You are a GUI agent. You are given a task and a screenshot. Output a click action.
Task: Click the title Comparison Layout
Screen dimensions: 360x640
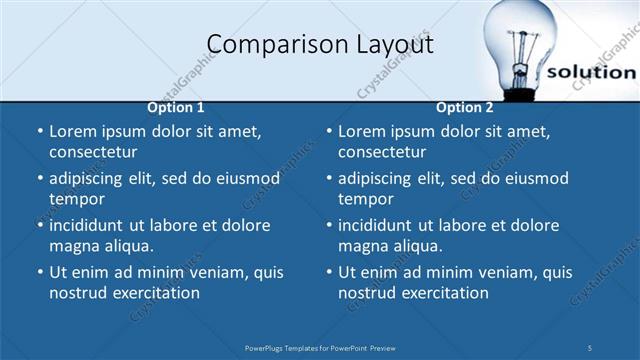[x=320, y=45]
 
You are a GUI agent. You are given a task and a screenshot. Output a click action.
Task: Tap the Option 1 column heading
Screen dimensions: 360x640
[x=176, y=108]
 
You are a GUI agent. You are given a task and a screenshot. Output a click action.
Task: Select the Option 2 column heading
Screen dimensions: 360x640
[x=464, y=108]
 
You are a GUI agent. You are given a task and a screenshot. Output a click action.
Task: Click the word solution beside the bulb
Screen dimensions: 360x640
[x=591, y=72]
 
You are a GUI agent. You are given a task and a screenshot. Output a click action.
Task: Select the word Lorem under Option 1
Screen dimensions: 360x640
[x=73, y=131]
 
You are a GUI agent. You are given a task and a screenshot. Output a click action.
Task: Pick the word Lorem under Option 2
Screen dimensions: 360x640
[x=362, y=131]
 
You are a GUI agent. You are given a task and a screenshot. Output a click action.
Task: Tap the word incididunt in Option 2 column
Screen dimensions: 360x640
[x=382, y=225]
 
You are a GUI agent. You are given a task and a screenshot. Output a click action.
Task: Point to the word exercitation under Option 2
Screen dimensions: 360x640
[x=441, y=293]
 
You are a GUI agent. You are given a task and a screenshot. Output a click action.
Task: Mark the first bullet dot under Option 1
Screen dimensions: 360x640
[x=39, y=132]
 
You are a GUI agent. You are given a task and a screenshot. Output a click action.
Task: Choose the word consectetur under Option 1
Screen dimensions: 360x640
[x=93, y=152]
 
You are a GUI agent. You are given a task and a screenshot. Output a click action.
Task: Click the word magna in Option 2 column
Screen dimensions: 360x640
[x=361, y=246]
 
